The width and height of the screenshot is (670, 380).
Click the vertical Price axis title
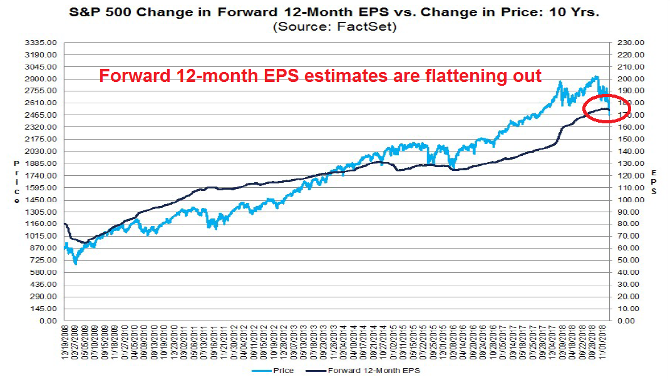(17, 182)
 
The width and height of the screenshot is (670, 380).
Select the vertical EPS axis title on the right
(654, 182)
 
